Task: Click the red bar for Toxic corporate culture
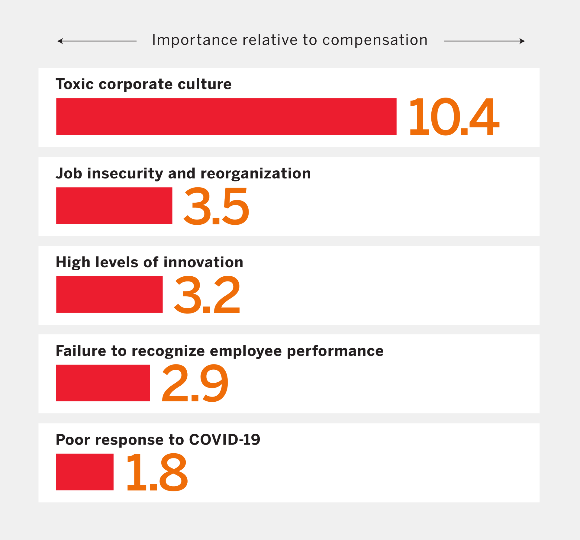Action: coord(226,116)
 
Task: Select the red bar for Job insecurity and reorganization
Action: coord(114,206)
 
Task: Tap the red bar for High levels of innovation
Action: coord(109,294)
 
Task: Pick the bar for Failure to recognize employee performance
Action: coord(103,383)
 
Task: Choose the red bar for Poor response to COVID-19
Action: coord(85,472)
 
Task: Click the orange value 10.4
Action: coord(454,117)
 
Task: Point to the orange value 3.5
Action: coord(216,206)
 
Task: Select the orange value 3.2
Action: coord(207,295)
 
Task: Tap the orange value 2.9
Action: coord(195,384)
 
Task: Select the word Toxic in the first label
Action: coord(75,84)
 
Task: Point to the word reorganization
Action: coord(256,174)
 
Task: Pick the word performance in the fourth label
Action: coord(335,351)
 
